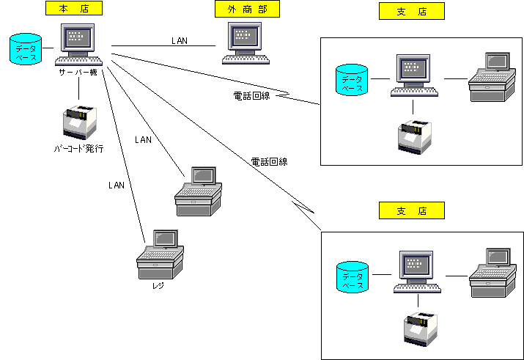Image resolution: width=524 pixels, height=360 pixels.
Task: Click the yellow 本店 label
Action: (73, 9)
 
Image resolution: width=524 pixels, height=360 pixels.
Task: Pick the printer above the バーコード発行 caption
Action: (79, 122)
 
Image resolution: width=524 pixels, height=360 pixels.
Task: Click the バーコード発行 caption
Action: (78, 148)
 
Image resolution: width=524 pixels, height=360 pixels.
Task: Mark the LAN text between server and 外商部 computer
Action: (180, 40)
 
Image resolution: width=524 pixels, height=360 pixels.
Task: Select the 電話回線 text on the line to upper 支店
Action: (251, 95)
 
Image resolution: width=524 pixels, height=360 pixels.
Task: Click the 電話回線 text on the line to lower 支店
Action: (269, 161)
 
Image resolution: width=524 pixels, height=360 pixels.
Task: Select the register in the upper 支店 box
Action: (490, 76)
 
